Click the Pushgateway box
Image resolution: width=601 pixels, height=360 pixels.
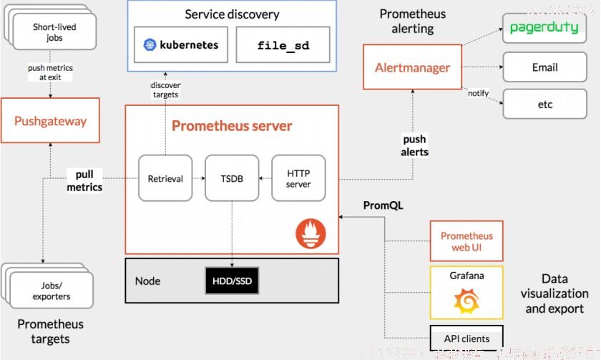pos(50,120)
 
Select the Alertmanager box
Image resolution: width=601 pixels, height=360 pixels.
pos(412,67)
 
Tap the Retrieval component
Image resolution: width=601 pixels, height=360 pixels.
pos(165,178)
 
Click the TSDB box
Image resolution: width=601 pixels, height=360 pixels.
pos(232,178)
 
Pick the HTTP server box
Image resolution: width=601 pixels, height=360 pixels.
pos(298,178)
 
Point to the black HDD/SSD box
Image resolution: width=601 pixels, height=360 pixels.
pos(232,281)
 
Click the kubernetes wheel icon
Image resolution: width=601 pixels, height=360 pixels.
pos(150,45)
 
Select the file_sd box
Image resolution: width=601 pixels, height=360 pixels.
pos(283,45)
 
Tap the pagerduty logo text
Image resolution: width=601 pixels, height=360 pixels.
pos(544,28)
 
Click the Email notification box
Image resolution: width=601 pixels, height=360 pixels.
pos(544,67)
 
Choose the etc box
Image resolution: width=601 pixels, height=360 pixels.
pos(544,104)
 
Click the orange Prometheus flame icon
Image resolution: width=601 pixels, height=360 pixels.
pos(311,233)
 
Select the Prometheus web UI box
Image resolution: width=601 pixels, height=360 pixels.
pos(466,241)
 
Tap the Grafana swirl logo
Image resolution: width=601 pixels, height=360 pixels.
pos(466,301)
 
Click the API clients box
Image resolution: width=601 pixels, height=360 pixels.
pos(466,338)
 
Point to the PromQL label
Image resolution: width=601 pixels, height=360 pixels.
pos(383,205)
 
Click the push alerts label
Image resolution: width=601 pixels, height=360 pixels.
pos(414,145)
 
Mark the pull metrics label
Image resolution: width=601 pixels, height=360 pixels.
pos(84,180)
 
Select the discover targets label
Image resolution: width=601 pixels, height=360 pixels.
pos(165,89)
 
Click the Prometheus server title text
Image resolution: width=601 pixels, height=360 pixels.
pos(232,126)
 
